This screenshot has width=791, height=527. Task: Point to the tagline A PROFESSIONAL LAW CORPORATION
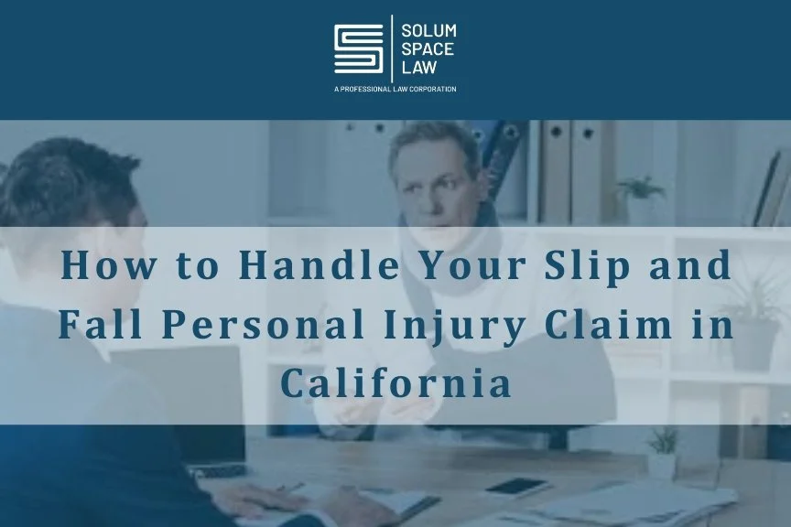point(395,89)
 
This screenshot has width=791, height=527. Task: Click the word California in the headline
point(395,383)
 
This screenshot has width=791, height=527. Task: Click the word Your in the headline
point(465,266)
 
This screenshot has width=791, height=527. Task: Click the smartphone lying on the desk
point(517,487)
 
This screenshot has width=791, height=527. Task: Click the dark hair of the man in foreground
point(50,174)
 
